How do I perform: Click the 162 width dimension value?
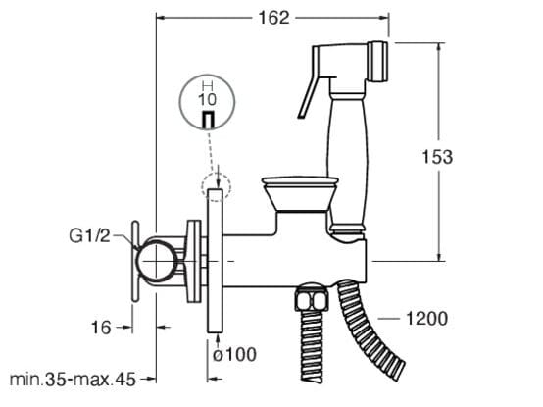click(x=273, y=18)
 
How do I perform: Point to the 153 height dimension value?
click(x=437, y=157)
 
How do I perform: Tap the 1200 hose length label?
click(x=426, y=319)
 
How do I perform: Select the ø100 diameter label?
click(x=234, y=354)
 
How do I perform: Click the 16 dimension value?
click(x=101, y=328)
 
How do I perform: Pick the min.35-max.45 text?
click(x=73, y=380)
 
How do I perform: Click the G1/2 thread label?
click(x=89, y=236)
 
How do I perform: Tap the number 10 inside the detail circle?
click(x=207, y=99)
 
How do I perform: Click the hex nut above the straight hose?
click(x=312, y=297)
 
